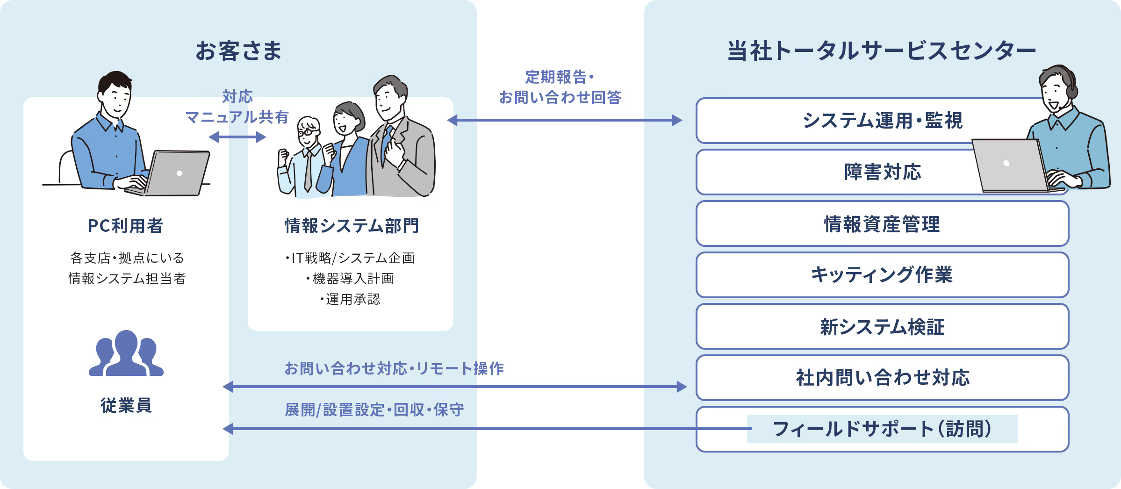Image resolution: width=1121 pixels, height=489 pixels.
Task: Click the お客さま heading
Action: pyautogui.click(x=238, y=51)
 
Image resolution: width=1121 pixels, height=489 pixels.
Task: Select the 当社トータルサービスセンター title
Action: pyautogui.click(x=882, y=51)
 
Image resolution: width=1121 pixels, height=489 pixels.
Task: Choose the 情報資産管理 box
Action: pyautogui.click(x=882, y=224)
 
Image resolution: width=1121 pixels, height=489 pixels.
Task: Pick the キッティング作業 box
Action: pyautogui.click(x=882, y=275)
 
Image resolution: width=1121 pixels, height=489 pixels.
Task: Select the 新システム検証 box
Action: pyautogui.click(x=882, y=327)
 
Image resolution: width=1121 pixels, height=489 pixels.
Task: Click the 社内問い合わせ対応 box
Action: pyautogui.click(x=882, y=378)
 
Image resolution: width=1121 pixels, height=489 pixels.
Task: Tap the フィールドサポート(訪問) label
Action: pyautogui.click(x=882, y=429)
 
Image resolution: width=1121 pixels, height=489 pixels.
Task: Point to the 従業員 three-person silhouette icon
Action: pyautogui.click(x=126, y=354)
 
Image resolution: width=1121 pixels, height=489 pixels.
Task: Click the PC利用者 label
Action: pyautogui.click(x=125, y=226)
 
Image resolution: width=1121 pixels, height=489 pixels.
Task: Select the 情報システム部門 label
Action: pyautogui.click(x=352, y=226)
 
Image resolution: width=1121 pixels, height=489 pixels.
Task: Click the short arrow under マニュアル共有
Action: pyautogui.click(x=237, y=137)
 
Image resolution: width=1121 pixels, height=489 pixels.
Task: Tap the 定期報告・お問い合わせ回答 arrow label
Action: pyautogui.click(x=560, y=87)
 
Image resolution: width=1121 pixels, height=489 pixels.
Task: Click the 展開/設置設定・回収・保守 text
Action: pyautogui.click(x=374, y=410)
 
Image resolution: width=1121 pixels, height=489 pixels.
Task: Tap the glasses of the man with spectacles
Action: pyautogui.click(x=308, y=132)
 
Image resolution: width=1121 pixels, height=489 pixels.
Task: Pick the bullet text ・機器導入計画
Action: pyautogui.click(x=350, y=279)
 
